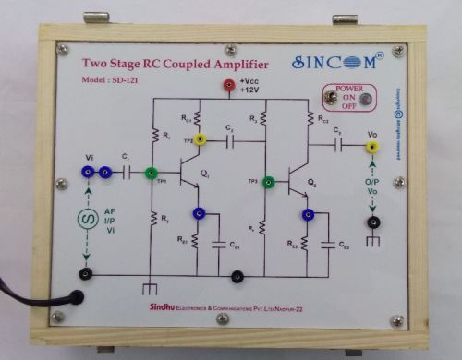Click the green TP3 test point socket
click(x=269, y=182)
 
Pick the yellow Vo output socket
click(x=371, y=146)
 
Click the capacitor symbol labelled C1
click(x=127, y=172)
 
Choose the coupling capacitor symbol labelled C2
click(x=230, y=140)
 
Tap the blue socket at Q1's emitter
click(x=198, y=213)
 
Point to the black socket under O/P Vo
click(x=372, y=222)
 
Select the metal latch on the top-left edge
click(x=98, y=18)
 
